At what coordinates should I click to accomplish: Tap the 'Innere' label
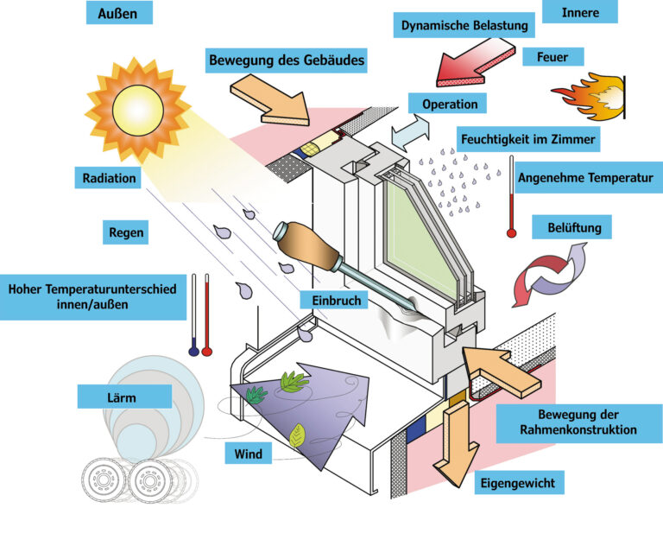[579, 11]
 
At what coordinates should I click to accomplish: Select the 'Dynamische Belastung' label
[464, 25]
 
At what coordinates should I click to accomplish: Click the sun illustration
[137, 107]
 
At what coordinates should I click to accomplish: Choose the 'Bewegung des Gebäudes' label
[287, 60]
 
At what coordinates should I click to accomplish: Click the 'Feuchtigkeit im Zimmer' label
[527, 138]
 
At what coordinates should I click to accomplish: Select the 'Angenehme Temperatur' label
[584, 179]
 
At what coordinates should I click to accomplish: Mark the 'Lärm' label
[123, 397]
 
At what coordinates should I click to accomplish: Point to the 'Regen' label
[126, 232]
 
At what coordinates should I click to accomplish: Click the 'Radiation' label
[110, 178]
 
